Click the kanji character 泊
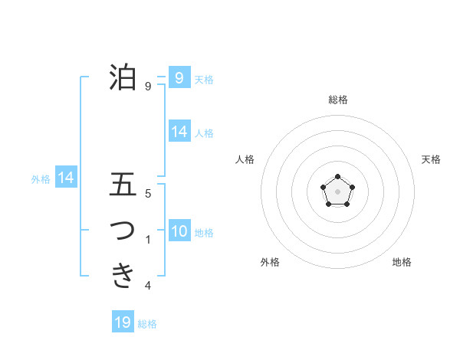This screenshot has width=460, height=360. [123, 77]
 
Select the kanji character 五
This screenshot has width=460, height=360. [123, 185]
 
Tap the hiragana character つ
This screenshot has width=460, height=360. [123, 230]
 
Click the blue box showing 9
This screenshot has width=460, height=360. [179, 77]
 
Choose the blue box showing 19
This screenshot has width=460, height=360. [123, 322]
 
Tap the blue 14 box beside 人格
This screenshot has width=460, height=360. [179, 132]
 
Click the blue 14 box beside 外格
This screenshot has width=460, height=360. [66, 178]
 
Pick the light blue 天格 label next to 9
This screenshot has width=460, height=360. [204, 79]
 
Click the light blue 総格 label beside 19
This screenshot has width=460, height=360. [147, 324]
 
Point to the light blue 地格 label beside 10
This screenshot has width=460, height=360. [204, 232]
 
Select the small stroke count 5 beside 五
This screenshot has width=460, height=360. [147, 195]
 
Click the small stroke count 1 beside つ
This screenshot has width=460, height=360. [147, 241]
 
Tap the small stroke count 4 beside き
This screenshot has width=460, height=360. [147, 286]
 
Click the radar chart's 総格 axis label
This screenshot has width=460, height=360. [337, 100]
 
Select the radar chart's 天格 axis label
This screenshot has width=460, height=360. [432, 159]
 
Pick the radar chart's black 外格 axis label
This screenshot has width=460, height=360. [270, 262]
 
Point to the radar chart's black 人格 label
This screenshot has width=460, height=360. [245, 159]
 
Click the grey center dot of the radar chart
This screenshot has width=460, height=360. [337, 191]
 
